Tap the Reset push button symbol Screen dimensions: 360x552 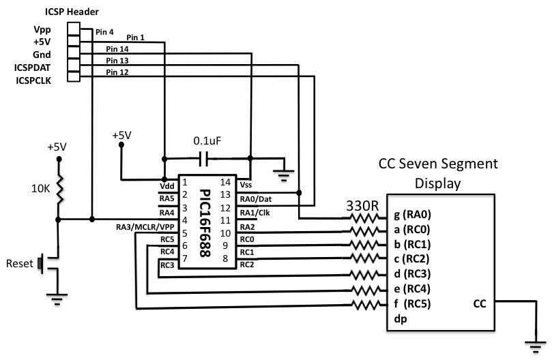pyautogui.click(x=42, y=263)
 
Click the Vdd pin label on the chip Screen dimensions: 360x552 pyautogui.click(x=166, y=184)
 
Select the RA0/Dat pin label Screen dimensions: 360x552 pyautogui.click(x=256, y=198)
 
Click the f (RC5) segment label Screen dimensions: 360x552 pyautogui.click(x=411, y=303)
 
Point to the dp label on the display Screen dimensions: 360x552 pyautogui.click(x=399, y=318)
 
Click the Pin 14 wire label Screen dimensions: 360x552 pyautogui.click(x=118, y=49)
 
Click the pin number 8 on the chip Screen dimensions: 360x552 pyautogui.click(x=224, y=258)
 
